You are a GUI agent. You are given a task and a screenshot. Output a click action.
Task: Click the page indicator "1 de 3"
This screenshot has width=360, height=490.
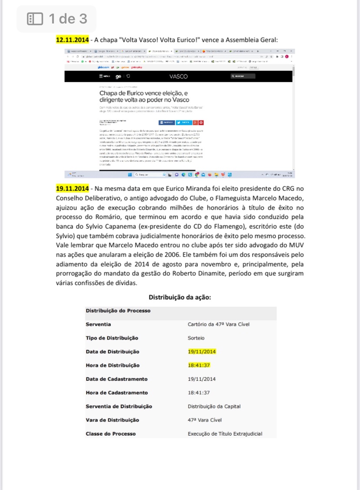(x=68, y=19)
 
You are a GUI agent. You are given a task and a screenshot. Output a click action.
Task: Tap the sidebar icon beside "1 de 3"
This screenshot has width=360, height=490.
(x=35, y=19)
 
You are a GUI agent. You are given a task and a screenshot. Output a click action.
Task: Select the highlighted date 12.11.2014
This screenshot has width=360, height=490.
(x=72, y=40)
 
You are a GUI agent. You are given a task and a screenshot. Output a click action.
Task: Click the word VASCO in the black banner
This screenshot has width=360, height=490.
(x=179, y=77)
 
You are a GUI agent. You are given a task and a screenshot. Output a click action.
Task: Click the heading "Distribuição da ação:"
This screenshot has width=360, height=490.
(x=180, y=297)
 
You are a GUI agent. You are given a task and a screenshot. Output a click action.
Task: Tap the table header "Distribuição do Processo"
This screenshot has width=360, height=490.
(x=118, y=310)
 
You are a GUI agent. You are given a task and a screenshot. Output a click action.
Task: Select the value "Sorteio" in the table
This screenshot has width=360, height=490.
(x=196, y=338)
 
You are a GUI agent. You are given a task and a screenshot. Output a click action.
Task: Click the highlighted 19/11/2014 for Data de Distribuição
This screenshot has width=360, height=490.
(x=202, y=351)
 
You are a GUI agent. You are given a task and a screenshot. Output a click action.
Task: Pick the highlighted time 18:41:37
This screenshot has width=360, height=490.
(x=199, y=365)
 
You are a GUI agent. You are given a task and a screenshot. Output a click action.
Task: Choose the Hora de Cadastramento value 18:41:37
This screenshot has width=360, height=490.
(x=199, y=393)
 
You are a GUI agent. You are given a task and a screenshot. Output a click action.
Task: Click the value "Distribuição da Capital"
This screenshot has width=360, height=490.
(x=214, y=406)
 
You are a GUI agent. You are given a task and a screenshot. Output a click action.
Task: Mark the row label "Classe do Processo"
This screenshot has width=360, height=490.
(x=111, y=433)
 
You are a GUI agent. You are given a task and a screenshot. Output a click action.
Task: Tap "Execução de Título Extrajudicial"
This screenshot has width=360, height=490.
(x=225, y=433)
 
